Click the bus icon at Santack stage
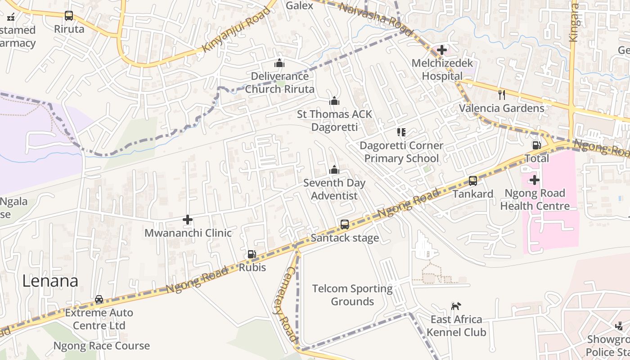pos(345,224)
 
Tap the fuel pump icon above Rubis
pos(252,254)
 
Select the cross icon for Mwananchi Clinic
pos(188,220)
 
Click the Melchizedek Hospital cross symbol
pos(442,50)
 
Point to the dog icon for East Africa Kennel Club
pos(456,306)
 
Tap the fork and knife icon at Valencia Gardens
pos(502,94)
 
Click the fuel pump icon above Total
pos(536,145)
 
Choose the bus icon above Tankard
pos(473,180)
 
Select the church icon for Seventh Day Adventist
pos(334,170)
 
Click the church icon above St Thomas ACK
pos(334,101)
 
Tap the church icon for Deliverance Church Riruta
pos(279,63)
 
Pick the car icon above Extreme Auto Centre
pos(99,299)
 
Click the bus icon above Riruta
pos(69,16)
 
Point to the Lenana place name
pos(50,281)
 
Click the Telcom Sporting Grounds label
pos(352,295)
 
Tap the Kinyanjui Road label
pos(236,29)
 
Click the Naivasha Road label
pos(375,19)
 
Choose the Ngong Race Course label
pos(102,346)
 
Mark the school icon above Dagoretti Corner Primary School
pos(401,132)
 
